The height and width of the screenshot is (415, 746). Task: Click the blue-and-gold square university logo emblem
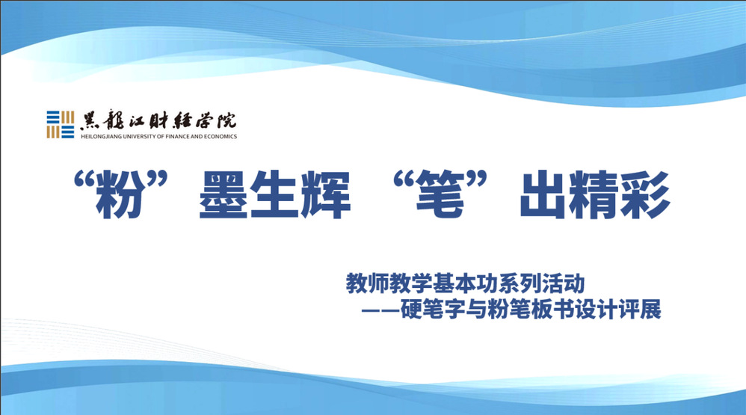[60, 125]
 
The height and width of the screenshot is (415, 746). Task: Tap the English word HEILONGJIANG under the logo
[97, 137]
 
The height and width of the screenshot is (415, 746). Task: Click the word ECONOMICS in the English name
[221, 137]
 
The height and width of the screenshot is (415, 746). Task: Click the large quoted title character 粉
[120, 194]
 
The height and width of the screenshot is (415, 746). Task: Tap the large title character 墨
[224, 194]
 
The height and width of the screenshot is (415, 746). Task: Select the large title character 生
[274, 194]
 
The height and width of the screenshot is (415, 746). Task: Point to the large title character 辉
[327, 194]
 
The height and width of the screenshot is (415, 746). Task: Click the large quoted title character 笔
[440, 194]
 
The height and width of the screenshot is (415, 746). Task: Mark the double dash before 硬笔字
[380, 310]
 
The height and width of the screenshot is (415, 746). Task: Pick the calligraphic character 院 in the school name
[226, 120]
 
